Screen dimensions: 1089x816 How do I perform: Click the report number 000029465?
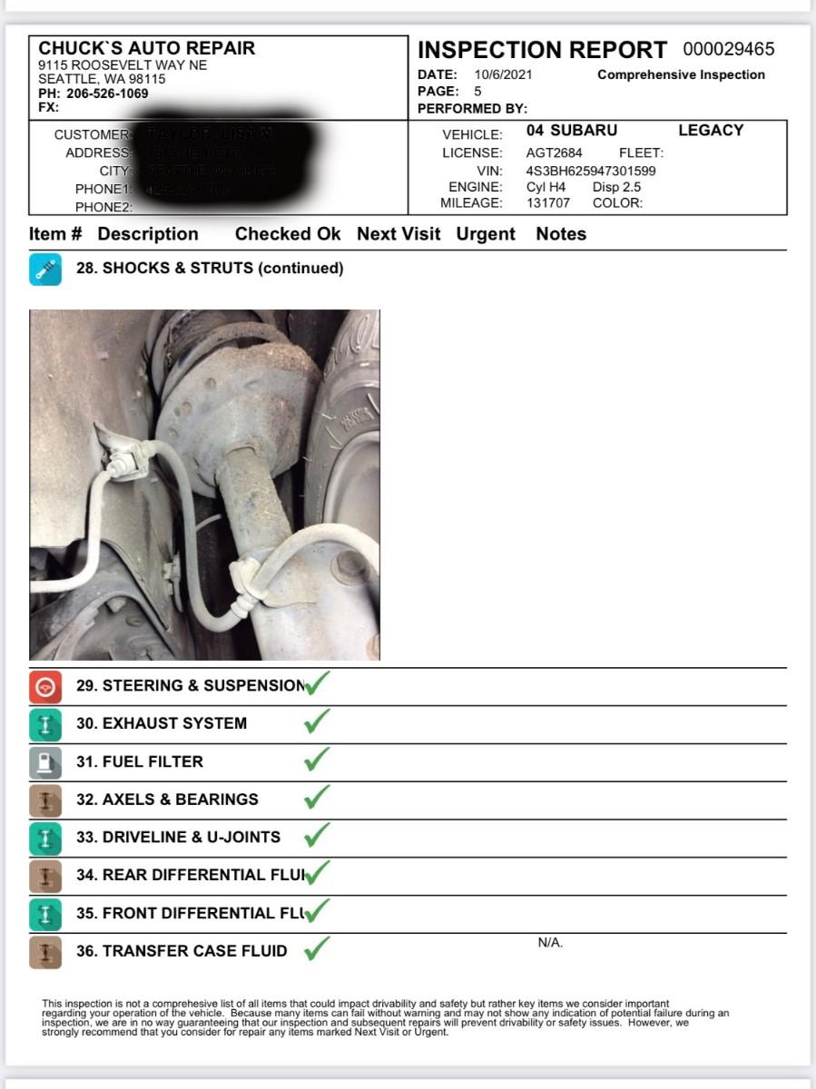729,50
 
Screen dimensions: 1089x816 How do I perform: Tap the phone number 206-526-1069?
107,93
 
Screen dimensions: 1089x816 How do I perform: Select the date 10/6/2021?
503,75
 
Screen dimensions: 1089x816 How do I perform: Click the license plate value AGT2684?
554,153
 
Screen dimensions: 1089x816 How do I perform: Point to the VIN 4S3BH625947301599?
590,171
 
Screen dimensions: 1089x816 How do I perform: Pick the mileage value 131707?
548,203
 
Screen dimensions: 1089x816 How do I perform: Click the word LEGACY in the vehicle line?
710,131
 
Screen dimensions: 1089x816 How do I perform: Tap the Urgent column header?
486,234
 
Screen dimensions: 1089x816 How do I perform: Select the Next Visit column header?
398,234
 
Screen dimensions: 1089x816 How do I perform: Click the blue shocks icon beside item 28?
45,270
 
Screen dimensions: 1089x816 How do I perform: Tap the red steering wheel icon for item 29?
45,687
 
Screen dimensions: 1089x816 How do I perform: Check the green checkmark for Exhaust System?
316,722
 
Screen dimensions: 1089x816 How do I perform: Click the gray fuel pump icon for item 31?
45,762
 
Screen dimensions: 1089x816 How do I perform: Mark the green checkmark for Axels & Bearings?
316,799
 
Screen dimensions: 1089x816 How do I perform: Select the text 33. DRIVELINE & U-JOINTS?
178,838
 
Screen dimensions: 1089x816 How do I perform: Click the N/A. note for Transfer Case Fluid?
550,943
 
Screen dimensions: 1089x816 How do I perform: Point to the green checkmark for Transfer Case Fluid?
316,950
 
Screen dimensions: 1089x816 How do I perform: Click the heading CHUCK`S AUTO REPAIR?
147,49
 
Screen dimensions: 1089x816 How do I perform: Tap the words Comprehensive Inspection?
681,75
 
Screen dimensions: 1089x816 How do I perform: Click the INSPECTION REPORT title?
542,50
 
